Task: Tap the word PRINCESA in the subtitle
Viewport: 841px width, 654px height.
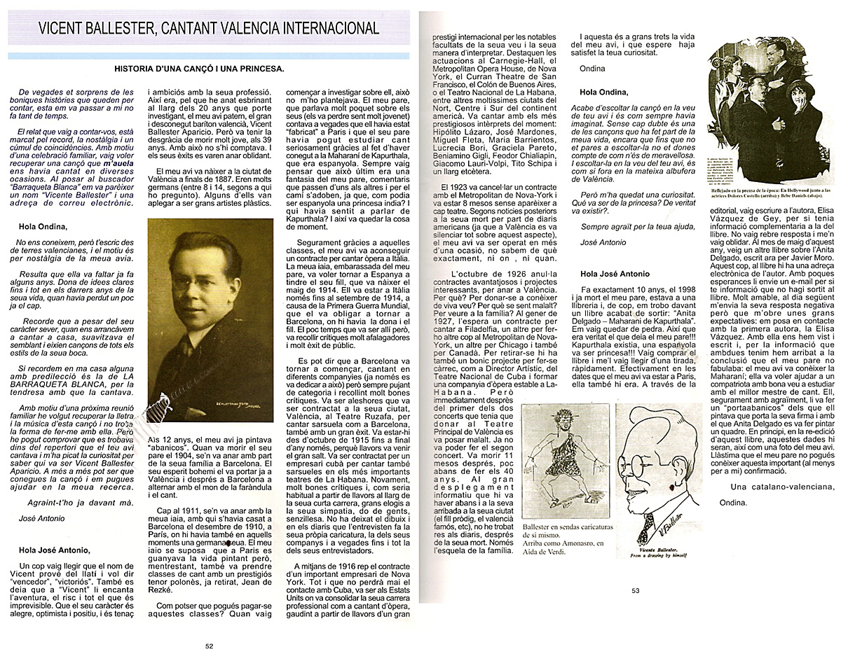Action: pos(260,69)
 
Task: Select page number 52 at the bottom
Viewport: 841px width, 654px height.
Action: pos(208,646)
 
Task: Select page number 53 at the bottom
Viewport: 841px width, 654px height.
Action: pos(636,590)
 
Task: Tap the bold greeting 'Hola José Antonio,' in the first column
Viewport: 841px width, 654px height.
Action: pos(55,550)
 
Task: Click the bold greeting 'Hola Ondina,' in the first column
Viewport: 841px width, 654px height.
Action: pos(43,226)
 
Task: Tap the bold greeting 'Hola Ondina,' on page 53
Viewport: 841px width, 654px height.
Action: pos(603,92)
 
